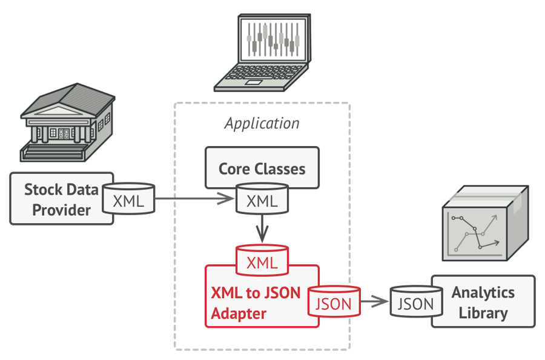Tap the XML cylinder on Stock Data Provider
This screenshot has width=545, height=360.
tap(128, 200)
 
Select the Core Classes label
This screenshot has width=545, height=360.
tap(262, 168)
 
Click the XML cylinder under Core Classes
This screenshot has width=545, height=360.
tap(262, 200)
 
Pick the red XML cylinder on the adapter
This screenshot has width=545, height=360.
tap(262, 262)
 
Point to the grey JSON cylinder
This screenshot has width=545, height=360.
tap(415, 302)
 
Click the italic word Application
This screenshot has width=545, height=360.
tap(262, 124)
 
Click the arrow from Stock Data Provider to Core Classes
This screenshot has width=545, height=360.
tap(194, 198)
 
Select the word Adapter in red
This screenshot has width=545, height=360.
tap(239, 313)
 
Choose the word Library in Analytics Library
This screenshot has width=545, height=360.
tap(483, 313)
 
